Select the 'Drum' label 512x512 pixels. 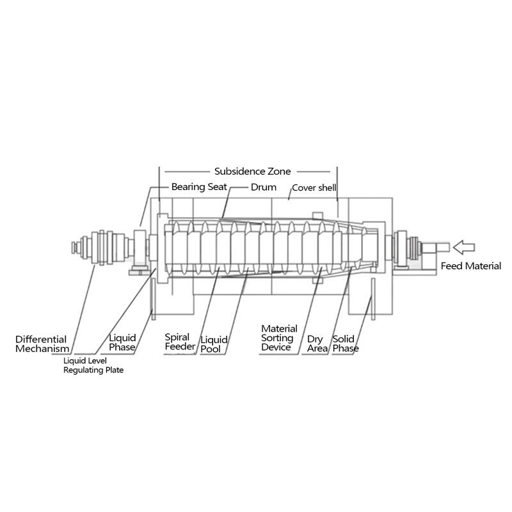coord(263,188)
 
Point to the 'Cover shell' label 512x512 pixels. coord(314,188)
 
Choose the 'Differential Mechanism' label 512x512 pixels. coord(42,344)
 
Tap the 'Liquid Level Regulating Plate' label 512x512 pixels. coord(93,365)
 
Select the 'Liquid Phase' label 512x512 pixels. coord(122,342)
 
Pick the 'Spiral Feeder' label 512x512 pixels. coord(180,342)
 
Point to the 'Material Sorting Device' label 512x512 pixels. coord(278,338)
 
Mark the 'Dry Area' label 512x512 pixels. coord(316,344)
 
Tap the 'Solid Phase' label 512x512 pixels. coord(346,343)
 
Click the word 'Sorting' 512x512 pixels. coord(278,338)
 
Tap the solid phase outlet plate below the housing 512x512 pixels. coord(369,307)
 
